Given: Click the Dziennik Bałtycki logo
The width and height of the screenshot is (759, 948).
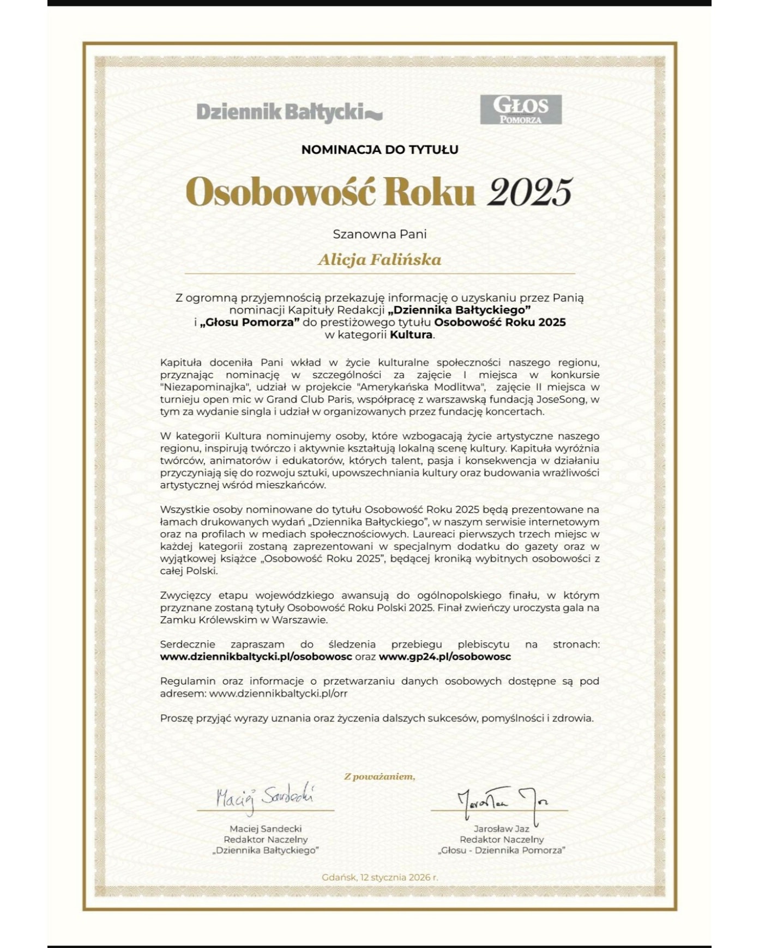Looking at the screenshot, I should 289,112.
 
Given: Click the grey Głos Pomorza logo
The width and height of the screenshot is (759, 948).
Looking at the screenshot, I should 521,109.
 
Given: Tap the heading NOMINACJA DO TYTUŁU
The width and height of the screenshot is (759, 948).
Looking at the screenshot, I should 379,149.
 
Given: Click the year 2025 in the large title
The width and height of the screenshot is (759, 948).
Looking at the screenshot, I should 529,192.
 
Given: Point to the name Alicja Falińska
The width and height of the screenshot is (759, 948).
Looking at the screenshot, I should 379,260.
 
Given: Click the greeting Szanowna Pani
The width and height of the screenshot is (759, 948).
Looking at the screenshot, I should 379,234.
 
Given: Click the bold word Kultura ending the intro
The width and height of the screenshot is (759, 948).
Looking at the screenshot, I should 411,335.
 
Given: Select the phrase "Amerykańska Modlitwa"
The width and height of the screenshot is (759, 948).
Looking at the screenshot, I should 421,387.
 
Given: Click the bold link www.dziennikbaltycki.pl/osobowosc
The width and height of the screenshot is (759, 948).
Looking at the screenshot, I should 256,657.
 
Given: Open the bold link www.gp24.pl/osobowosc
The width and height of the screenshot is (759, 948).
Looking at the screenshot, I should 444,657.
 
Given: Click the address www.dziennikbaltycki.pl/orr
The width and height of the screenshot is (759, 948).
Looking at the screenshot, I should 278,694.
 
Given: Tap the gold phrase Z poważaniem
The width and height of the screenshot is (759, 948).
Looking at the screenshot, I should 379,776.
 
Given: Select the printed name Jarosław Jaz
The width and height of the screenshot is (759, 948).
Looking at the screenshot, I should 501,829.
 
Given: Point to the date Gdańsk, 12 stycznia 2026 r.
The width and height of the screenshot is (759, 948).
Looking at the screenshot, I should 379,877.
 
